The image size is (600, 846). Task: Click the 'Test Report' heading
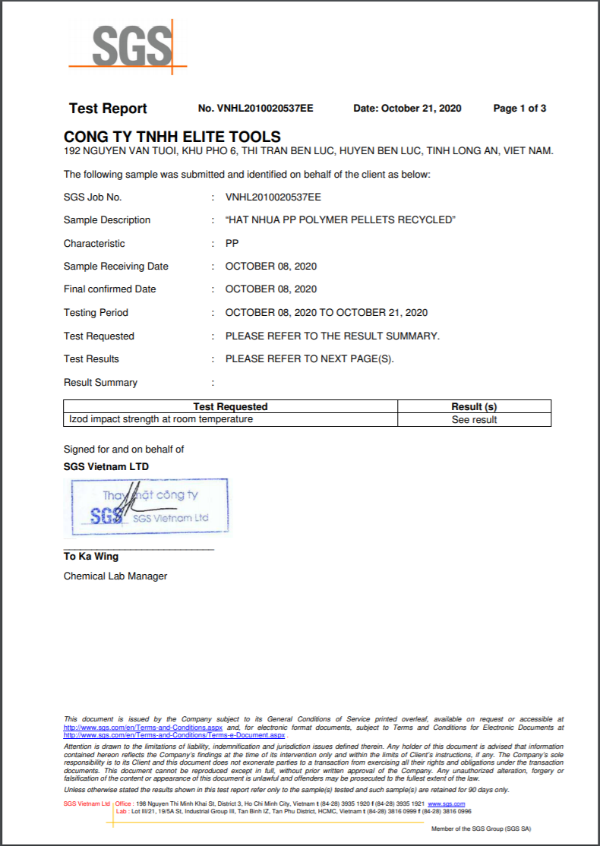click(x=108, y=109)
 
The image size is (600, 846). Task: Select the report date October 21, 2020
click(x=407, y=109)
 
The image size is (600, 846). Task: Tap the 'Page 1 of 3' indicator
click(x=519, y=109)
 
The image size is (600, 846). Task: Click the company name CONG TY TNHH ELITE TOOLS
click(x=172, y=137)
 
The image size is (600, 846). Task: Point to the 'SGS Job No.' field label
click(x=93, y=197)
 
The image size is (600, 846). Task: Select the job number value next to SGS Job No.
click(x=273, y=197)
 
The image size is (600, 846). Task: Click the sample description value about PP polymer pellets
click(x=340, y=220)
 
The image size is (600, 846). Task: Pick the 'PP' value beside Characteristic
click(x=232, y=244)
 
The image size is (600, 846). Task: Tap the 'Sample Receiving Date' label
click(x=116, y=267)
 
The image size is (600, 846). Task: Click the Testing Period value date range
click(x=327, y=313)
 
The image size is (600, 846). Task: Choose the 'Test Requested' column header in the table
click(x=230, y=407)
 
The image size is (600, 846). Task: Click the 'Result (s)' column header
click(x=474, y=407)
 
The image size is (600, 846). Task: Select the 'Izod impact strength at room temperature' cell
click(x=161, y=419)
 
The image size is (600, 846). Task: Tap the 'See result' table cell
click(x=474, y=420)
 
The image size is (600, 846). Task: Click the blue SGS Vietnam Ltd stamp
click(x=150, y=507)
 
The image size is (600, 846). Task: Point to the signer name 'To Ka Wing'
click(x=91, y=557)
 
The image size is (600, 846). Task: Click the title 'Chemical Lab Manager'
click(x=115, y=576)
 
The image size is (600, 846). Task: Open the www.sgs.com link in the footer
click(x=446, y=803)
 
